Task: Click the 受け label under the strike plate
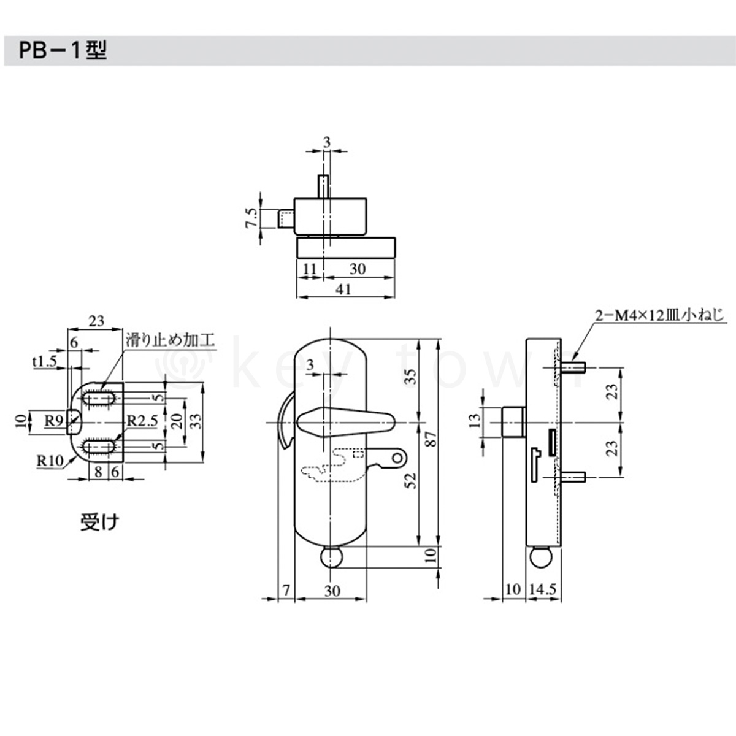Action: click(x=100, y=522)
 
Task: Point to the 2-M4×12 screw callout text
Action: click(x=659, y=315)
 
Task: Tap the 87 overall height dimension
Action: click(x=431, y=439)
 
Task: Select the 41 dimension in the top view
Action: click(x=344, y=288)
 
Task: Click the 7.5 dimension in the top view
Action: click(x=251, y=218)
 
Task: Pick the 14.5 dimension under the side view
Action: click(x=543, y=589)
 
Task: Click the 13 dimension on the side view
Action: click(x=475, y=421)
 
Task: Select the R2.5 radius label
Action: click(x=142, y=421)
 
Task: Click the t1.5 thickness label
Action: click(x=45, y=361)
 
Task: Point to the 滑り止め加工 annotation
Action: click(x=171, y=339)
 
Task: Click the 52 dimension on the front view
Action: click(x=412, y=482)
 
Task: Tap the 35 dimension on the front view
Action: click(x=412, y=376)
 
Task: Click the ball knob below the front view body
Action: click(x=331, y=558)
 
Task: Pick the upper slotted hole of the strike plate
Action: click(x=100, y=398)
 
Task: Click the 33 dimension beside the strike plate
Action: click(x=195, y=421)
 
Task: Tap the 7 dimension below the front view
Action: click(x=286, y=590)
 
